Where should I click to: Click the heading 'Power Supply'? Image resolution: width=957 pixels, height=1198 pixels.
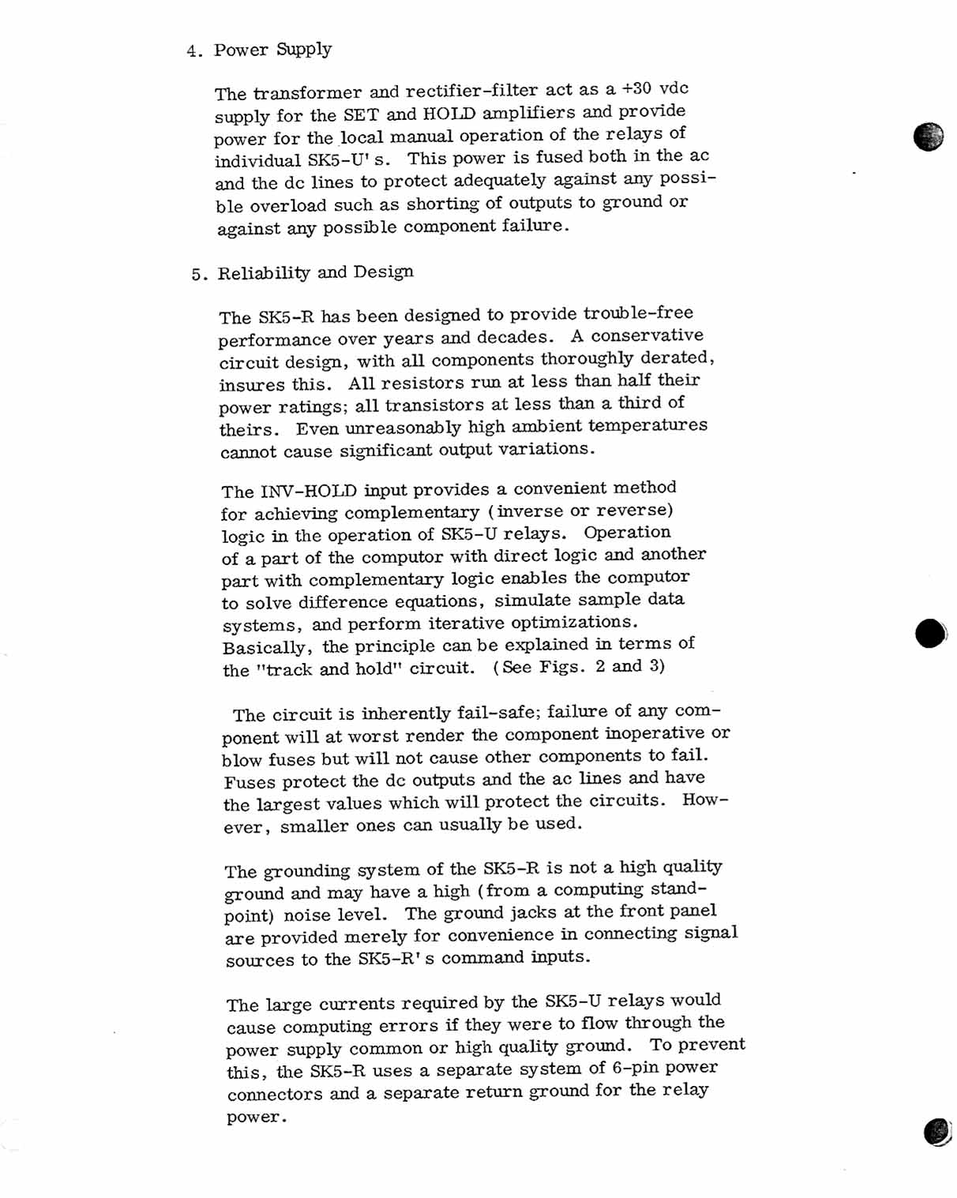pos(272,50)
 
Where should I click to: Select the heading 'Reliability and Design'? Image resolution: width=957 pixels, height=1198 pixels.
pos(315,273)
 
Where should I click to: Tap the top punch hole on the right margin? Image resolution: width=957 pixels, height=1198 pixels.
pos(929,137)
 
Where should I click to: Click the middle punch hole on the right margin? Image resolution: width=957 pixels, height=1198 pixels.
pos(930,633)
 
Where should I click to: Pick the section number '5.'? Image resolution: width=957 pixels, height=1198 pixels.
pos(200,275)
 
